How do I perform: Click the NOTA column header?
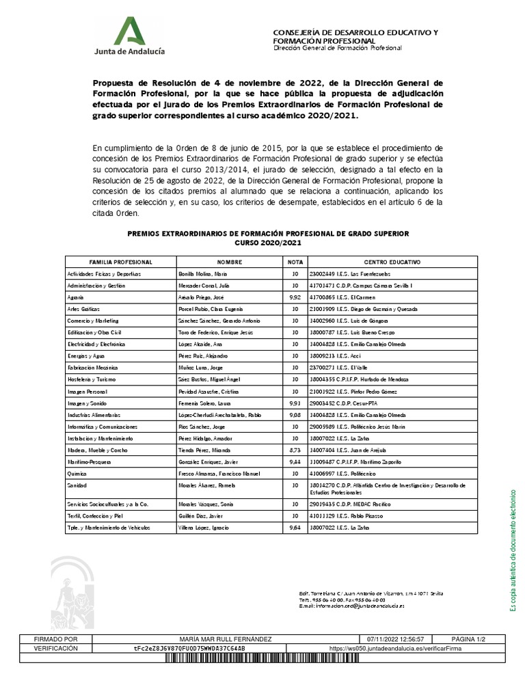(x=295, y=262)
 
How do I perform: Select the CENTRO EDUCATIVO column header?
(x=392, y=262)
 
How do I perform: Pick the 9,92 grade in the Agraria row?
(x=295, y=297)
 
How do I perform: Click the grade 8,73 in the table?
(x=295, y=450)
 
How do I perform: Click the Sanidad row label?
(x=76, y=485)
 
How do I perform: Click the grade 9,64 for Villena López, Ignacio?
(x=295, y=527)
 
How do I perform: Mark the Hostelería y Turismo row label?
(x=92, y=379)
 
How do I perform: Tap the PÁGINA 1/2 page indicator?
(x=465, y=638)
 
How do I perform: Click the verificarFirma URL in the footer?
(x=395, y=648)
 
